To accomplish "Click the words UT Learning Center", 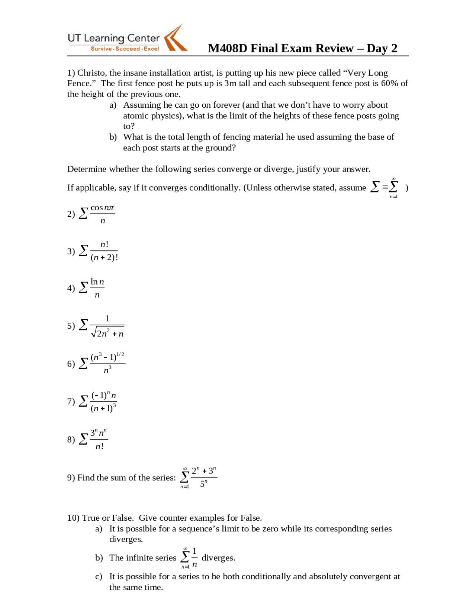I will (x=113, y=38).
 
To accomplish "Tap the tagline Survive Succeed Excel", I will (x=125, y=49).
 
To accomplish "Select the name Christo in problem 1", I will (x=91, y=73).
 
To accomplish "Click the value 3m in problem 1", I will (x=230, y=83).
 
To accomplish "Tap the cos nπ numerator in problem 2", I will (x=102, y=208).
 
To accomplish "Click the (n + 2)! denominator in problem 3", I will (x=104, y=257).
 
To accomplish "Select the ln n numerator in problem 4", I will (x=97, y=282).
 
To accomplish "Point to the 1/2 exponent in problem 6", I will (x=120, y=354).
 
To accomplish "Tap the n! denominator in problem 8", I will (x=99, y=446).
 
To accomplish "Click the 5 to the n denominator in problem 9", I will (x=203, y=484).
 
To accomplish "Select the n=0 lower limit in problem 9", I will (x=185, y=487).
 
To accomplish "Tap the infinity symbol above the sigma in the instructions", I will (x=393, y=179).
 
